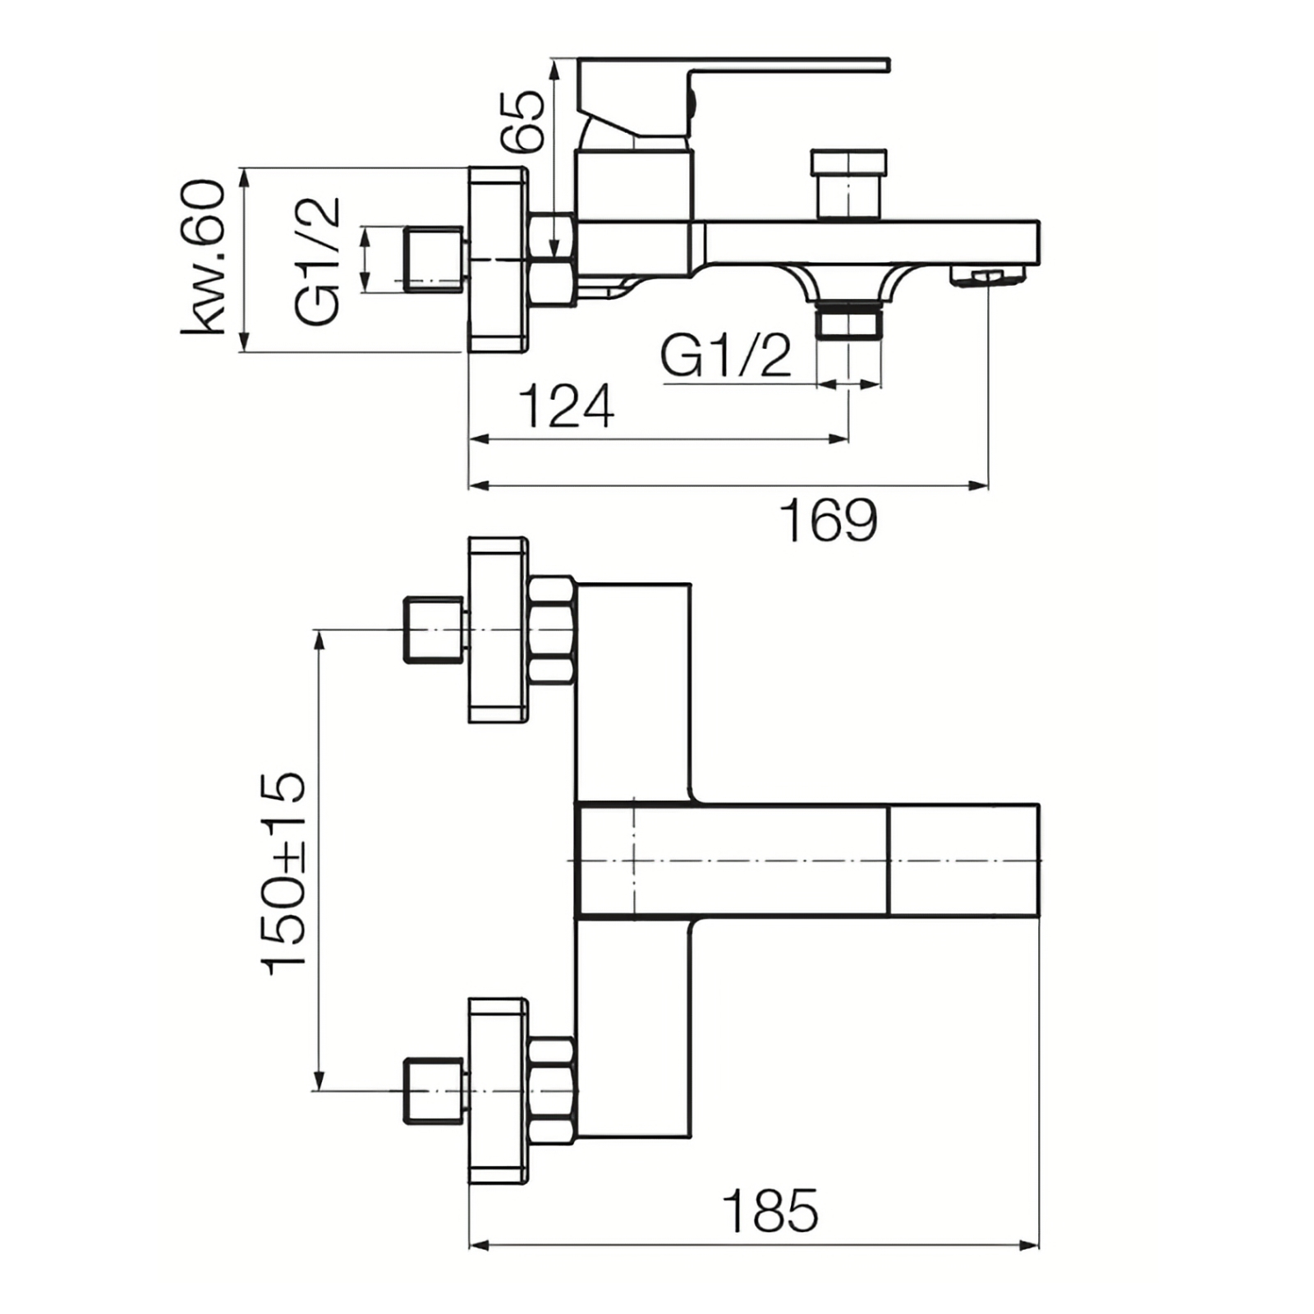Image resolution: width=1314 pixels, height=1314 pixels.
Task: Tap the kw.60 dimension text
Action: [203, 258]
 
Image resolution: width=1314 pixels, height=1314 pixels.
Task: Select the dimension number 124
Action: [567, 406]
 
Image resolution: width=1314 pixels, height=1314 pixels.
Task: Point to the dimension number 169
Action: [829, 520]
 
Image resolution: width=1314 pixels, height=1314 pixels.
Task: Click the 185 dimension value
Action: [770, 1210]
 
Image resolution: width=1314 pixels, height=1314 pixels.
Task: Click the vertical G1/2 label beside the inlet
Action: [317, 261]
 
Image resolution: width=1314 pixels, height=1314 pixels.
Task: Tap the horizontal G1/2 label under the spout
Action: [726, 356]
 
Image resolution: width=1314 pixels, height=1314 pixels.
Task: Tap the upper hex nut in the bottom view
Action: [551, 631]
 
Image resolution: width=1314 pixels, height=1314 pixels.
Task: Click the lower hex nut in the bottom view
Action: [551, 1091]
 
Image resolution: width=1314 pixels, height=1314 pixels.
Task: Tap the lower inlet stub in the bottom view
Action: [436, 1091]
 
